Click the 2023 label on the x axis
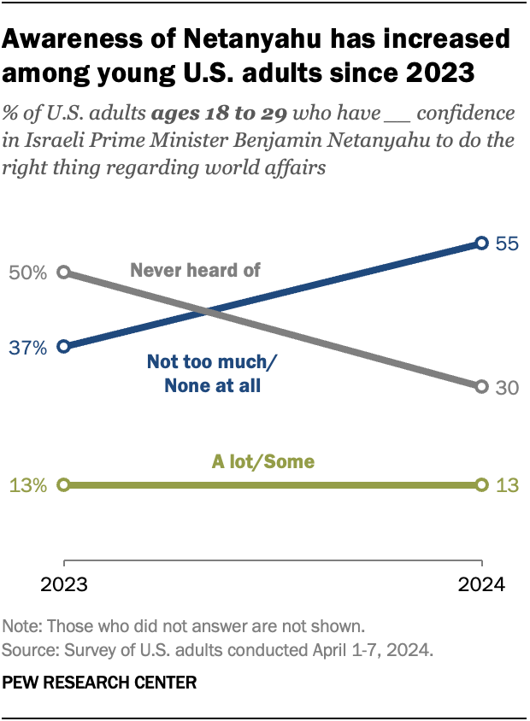pos(64,586)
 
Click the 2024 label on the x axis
pos(480,586)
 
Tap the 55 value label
pos(508,243)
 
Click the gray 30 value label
pos(508,387)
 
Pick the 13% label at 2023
pos(29,485)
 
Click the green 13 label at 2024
pos(508,485)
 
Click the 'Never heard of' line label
pos(195,270)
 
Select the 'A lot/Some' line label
pos(263,462)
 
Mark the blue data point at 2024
pos(481,243)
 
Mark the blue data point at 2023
pos(63,347)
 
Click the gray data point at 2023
pos(63,273)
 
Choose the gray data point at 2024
pos(481,387)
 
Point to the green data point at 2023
pos(63,485)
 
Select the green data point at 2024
pos(481,485)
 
